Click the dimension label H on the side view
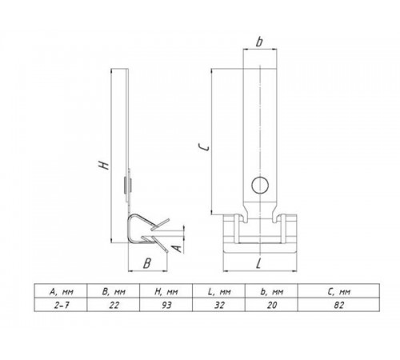(x=102, y=165)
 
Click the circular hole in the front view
(x=258, y=186)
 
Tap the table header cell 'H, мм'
(x=170, y=290)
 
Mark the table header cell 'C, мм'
(x=341, y=290)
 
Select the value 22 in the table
(x=114, y=306)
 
